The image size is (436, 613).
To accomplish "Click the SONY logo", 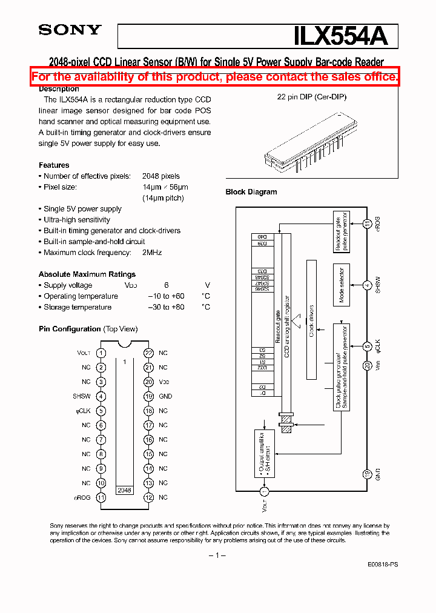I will (70, 30).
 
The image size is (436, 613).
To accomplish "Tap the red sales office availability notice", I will (215, 76).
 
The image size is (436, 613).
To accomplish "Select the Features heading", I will (54, 165).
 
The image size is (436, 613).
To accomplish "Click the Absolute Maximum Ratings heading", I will (87, 274).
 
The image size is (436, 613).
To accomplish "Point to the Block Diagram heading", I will (251, 192).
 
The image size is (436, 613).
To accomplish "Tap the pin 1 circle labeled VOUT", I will (101, 353).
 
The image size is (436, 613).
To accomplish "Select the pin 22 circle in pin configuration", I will (148, 353).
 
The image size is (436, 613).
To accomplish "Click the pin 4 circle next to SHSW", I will (101, 396).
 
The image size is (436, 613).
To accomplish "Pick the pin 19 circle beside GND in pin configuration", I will (148, 396).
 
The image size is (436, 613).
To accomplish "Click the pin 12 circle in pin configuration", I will (148, 497).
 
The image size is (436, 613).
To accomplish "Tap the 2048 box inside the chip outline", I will (124, 490).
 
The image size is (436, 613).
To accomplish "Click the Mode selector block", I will (342, 285).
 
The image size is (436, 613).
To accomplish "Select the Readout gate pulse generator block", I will (342, 231).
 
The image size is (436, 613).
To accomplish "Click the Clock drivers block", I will (311, 320).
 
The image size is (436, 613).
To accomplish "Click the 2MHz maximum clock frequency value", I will (152, 253).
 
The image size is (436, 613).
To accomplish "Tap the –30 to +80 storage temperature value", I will (166, 307).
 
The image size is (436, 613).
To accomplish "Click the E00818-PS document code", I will (382, 564).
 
